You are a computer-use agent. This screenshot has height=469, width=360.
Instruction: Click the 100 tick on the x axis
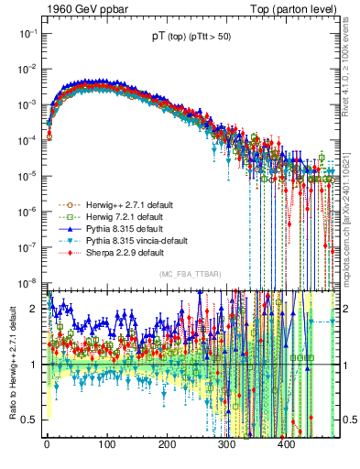(106, 446)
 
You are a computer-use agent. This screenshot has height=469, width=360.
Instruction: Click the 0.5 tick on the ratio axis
(32, 420)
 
